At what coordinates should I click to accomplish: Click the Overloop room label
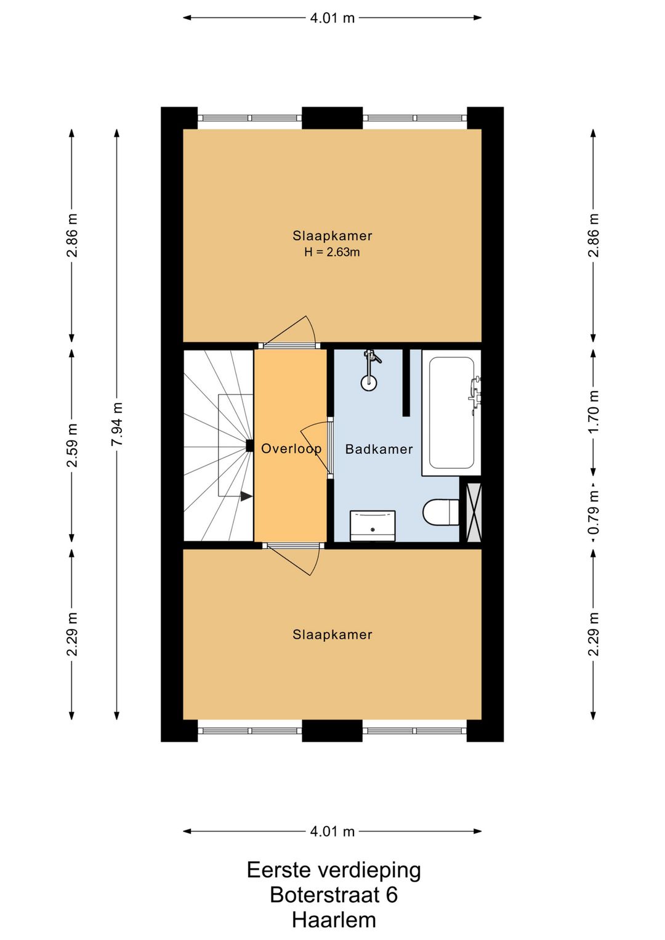[x=291, y=449]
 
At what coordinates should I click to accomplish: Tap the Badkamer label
[x=379, y=450]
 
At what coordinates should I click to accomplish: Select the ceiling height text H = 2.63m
[x=332, y=252]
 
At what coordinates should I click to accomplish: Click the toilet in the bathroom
[x=440, y=511]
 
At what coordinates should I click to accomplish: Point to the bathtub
[x=451, y=413]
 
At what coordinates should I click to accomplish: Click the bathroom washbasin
[x=373, y=526]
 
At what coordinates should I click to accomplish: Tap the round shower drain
[x=368, y=382]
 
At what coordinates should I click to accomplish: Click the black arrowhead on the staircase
[x=246, y=496]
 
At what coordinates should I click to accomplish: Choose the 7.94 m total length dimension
[x=117, y=424]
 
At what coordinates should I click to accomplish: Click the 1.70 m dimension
[x=593, y=413]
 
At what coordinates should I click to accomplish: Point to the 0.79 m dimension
[x=593, y=512]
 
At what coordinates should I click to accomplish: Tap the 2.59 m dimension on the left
[x=72, y=445]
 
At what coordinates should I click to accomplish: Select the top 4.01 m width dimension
[x=332, y=18]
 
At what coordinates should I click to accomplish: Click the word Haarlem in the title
[x=334, y=920]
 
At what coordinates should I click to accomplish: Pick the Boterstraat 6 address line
[x=334, y=894]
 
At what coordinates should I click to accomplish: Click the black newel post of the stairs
[x=249, y=445]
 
